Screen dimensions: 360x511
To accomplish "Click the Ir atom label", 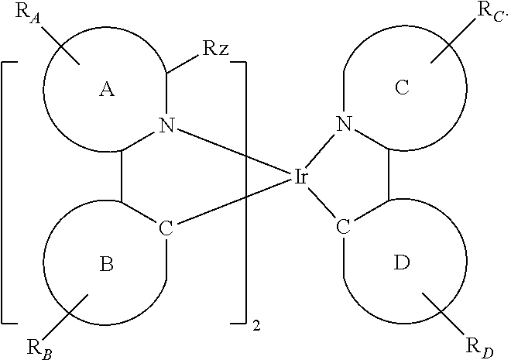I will click(x=302, y=177).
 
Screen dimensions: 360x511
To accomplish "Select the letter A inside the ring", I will click(x=107, y=90).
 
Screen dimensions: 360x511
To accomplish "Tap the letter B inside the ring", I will click(x=107, y=266).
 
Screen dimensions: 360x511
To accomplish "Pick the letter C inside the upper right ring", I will click(x=402, y=88).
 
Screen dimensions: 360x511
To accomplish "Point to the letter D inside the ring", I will click(x=402, y=264).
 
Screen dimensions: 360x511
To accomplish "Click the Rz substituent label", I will click(x=214, y=48).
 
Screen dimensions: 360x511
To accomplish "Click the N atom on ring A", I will click(x=166, y=125).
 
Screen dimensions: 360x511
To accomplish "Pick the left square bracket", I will click(x=6, y=190).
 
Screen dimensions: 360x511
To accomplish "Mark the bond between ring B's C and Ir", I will click(x=232, y=204).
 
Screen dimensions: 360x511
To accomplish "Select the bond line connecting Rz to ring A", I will click(x=183, y=63).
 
